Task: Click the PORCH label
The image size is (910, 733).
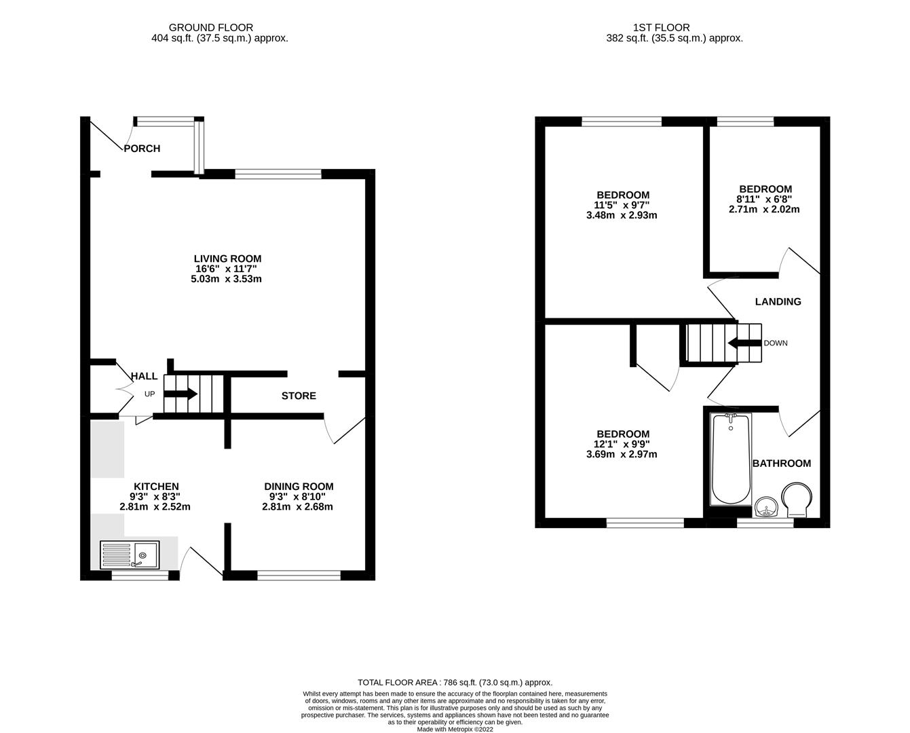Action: (142, 149)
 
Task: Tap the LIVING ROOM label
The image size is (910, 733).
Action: (227, 259)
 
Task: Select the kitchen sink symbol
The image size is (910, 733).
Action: (130, 555)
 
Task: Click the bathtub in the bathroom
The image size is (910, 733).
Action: (730, 459)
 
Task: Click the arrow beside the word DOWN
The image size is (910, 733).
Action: (743, 343)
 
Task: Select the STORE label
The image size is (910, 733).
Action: (299, 396)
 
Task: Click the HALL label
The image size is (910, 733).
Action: (144, 376)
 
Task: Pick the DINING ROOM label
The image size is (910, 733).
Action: (299, 487)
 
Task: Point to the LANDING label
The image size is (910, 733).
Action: (778, 301)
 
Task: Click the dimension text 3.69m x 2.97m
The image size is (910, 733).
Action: (622, 455)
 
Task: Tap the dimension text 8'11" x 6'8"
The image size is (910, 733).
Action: (765, 200)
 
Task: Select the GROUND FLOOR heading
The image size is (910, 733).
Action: (211, 28)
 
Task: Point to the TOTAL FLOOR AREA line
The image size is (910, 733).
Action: (455, 682)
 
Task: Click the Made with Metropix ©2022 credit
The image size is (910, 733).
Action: (455, 729)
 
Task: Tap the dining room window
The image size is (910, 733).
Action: (299, 576)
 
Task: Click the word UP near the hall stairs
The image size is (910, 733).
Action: (149, 394)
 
